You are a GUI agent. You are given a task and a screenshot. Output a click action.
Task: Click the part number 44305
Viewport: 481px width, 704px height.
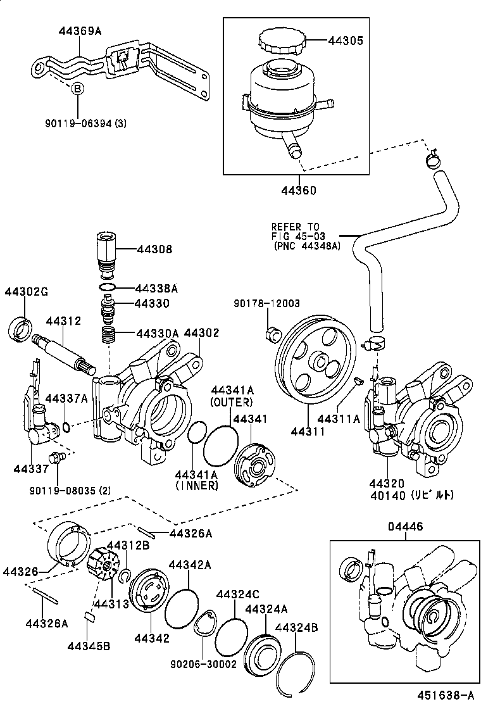coord(346,41)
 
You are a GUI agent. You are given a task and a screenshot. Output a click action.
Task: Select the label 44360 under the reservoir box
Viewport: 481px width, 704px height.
coord(294,189)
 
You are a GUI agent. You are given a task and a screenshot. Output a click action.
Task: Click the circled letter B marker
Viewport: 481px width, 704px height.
coord(77,89)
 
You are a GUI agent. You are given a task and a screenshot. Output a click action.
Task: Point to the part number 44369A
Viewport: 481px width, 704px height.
coord(80,30)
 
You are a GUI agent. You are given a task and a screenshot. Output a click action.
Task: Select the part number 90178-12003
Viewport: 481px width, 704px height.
coord(275,304)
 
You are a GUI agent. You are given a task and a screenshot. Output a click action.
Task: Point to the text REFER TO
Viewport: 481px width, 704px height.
coord(296,227)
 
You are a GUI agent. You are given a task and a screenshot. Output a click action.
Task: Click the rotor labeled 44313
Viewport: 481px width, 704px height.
coord(104,563)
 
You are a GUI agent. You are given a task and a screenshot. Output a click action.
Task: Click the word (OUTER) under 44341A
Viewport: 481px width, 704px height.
coord(232,401)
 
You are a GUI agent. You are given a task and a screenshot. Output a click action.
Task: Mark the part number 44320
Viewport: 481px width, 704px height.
coord(387,483)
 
